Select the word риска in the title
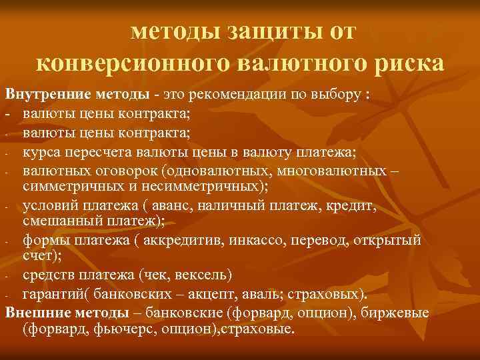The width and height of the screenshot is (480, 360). [x=407, y=63]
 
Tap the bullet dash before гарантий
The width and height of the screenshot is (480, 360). [x=5, y=295]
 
